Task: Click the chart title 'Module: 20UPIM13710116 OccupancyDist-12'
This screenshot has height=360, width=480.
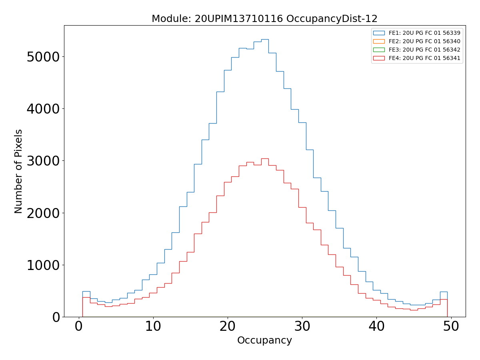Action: click(264, 19)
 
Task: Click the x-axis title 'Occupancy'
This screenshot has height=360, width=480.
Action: click(264, 340)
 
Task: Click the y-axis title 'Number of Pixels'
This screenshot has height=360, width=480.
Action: click(18, 171)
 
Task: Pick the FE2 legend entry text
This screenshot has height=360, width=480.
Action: click(424, 41)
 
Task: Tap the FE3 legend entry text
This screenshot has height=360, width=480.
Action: click(424, 50)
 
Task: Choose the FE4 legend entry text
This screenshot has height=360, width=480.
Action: click(424, 58)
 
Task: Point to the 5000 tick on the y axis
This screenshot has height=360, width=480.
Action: click(43, 57)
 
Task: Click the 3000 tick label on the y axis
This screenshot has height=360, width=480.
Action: click(43, 161)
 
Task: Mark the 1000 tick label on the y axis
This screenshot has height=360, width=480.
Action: click(43, 265)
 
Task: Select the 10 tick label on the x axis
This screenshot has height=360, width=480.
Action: click(153, 327)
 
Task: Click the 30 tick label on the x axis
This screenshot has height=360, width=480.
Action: click(302, 327)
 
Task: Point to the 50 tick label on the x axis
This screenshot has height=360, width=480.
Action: click(451, 327)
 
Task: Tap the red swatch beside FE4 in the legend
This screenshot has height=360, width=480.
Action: click(379, 58)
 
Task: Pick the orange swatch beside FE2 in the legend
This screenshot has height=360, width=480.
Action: click(379, 41)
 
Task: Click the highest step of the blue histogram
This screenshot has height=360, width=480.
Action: click(265, 39)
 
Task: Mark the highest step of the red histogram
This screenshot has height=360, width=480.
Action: click(265, 158)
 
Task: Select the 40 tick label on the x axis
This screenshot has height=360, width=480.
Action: click(376, 327)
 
